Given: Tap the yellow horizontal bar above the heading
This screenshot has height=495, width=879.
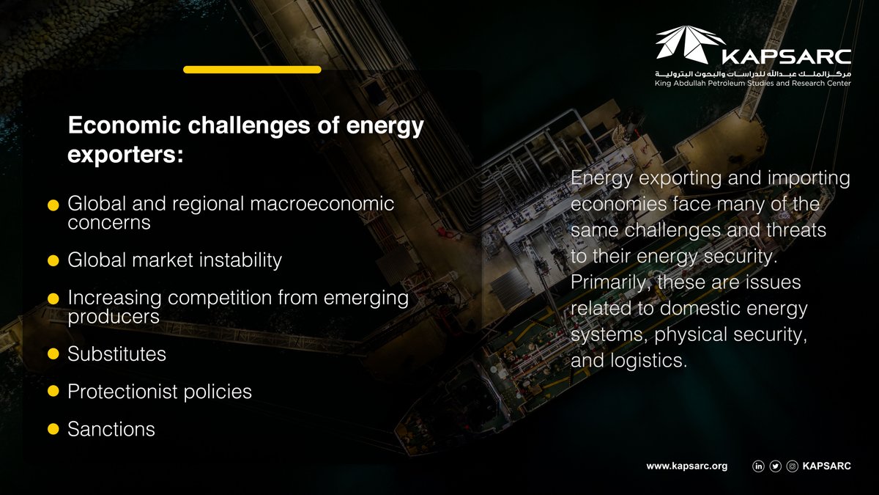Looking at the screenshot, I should [x=252, y=70].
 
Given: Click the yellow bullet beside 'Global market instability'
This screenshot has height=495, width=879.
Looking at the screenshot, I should [x=53, y=261].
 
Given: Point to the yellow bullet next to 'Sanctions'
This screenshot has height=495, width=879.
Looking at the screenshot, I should [x=53, y=430].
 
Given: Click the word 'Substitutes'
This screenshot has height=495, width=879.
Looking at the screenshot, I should [x=116, y=354].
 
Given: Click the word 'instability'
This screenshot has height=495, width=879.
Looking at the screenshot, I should [x=236, y=260].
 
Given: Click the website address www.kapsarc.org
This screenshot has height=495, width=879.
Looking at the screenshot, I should [x=686, y=466].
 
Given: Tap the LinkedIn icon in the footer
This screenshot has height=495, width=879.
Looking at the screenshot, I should [x=759, y=466].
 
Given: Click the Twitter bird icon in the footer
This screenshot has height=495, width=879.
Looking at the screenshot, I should [x=776, y=466].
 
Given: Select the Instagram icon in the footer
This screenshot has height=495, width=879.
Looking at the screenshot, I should [x=792, y=466].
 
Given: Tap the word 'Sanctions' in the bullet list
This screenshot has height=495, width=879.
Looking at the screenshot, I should [x=111, y=429].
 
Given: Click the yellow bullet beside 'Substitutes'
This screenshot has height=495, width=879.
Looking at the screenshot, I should [x=53, y=355].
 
